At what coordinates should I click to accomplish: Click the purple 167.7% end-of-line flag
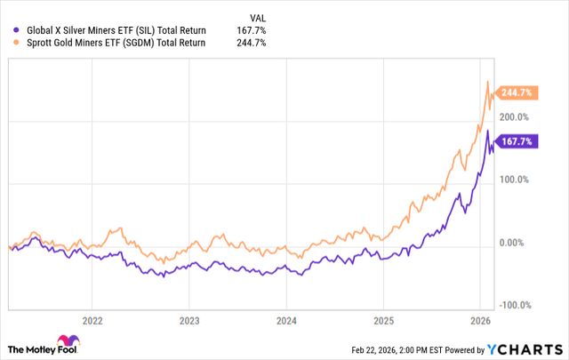(518, 140)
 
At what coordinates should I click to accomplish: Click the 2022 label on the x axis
(92, 319)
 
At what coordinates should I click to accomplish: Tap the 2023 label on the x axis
(189, 319)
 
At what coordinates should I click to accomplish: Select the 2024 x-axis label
(286, 319)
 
